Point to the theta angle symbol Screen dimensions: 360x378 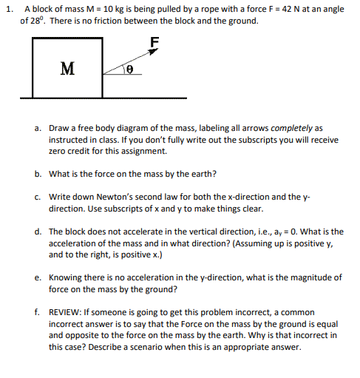coord(129,69)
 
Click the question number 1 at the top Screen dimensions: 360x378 coord(7,8)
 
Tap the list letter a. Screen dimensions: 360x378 coord(37,128)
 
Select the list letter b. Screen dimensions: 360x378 coord(37,174)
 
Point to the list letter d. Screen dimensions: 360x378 coord(37,232)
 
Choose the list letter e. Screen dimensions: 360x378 coord(37,277)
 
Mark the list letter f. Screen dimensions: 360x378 coord(37,312)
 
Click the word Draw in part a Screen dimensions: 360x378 coord(59,128)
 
